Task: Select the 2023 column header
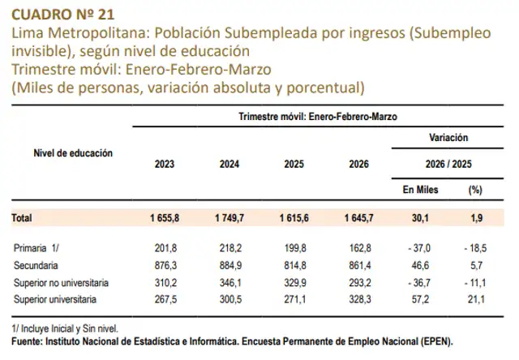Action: coord(165,165)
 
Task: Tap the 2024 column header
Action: coord(229,165)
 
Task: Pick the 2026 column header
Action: coord(359,165)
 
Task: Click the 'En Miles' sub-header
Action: coord(420,190)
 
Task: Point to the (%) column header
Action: coord(475,190)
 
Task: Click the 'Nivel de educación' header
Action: coord(73,152)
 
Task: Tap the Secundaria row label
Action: coord(37,265)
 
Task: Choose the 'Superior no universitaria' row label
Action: coord(61,283)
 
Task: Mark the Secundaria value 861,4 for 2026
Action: coord(358,265)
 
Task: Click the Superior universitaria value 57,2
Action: coord(422,301)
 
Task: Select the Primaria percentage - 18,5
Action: coord(472,247)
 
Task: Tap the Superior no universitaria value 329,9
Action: coord(294,283)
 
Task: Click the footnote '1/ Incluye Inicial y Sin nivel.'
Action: coord(66,330)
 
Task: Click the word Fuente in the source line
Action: coord(28,341)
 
